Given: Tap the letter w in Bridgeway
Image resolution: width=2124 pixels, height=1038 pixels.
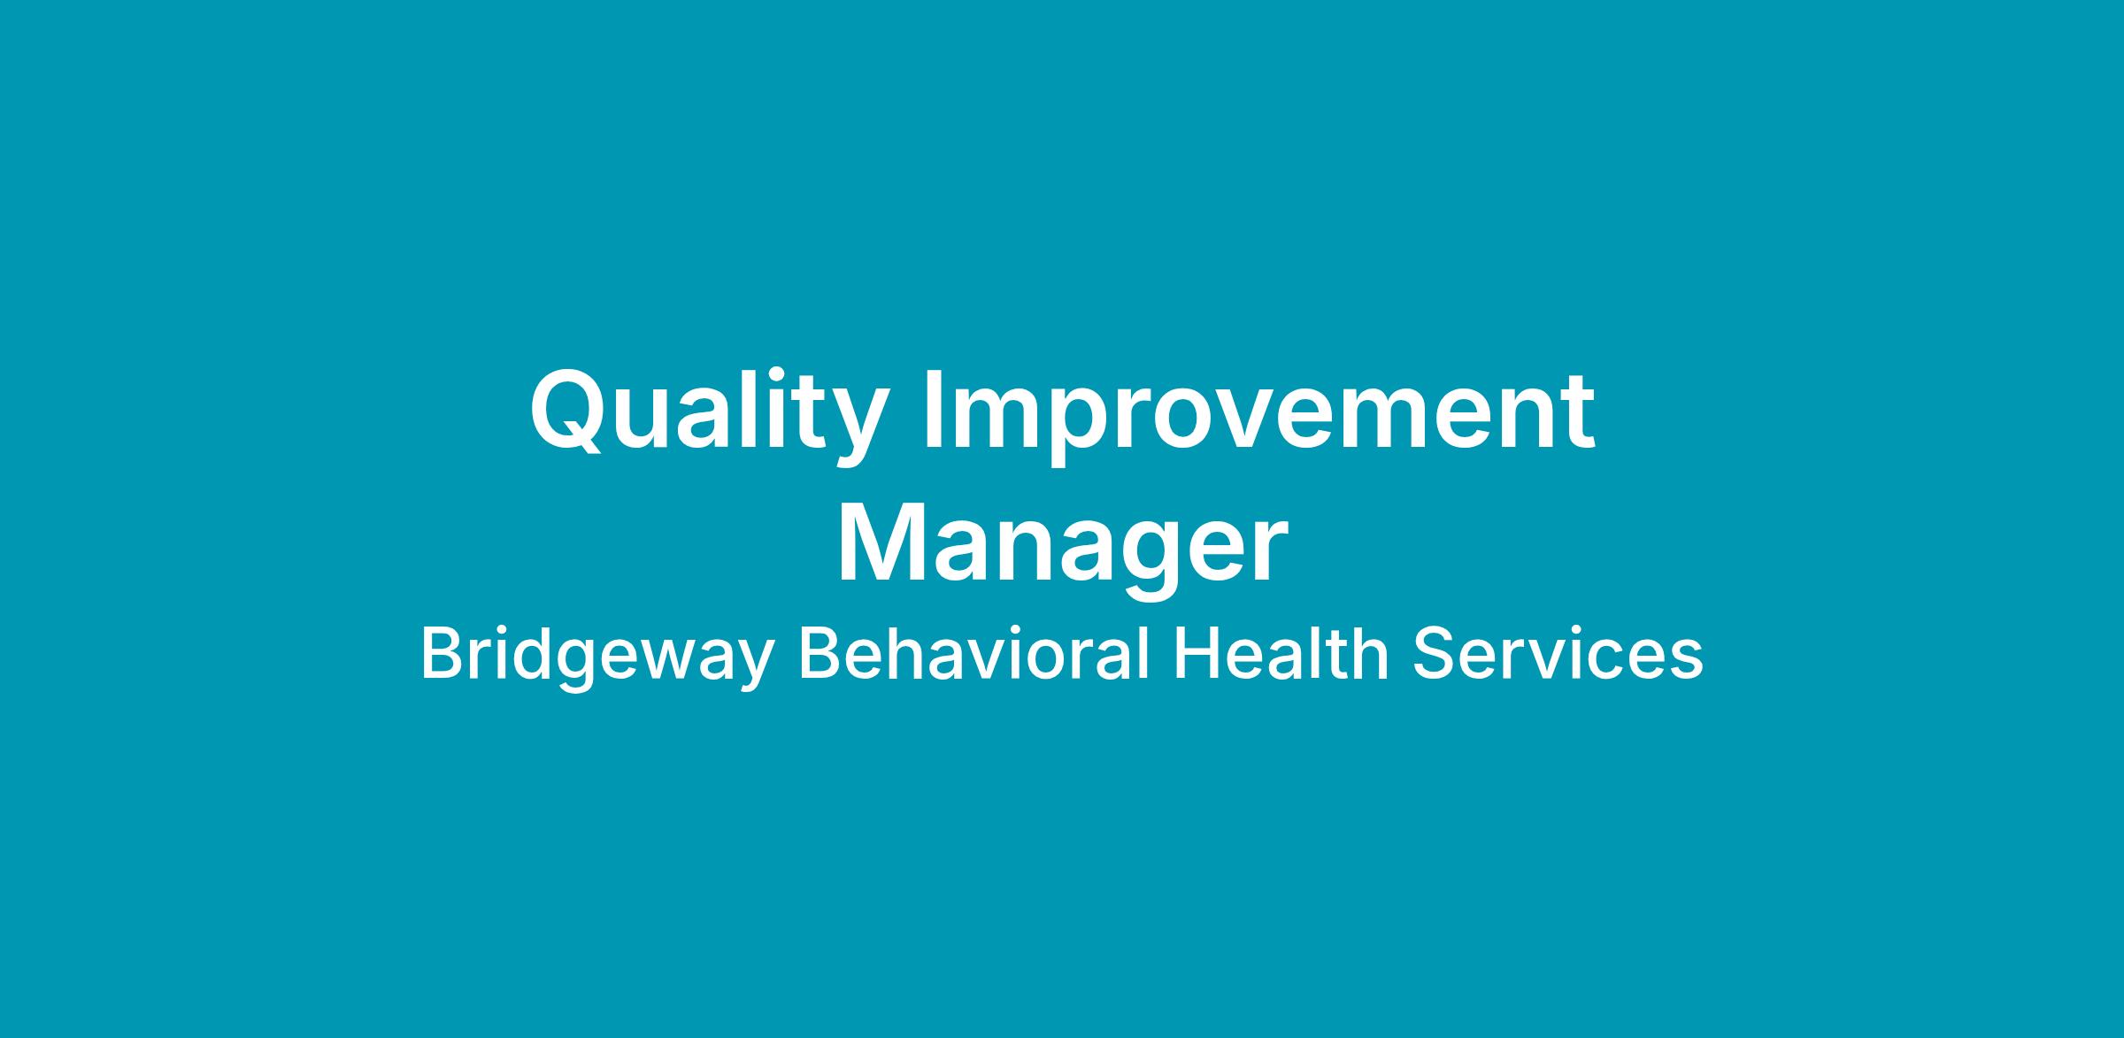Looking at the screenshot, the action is [664, 662].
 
